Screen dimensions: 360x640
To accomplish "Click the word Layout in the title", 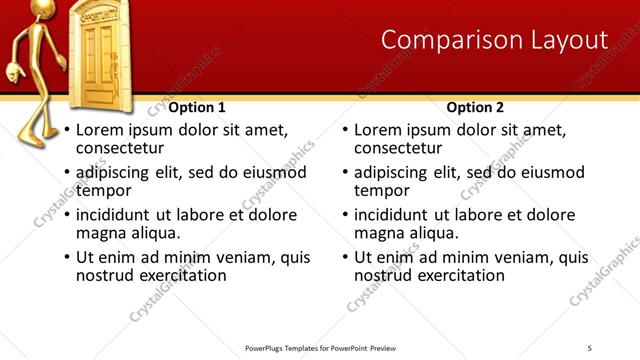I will (568, 40).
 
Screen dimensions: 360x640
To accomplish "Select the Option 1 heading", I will (196, 107).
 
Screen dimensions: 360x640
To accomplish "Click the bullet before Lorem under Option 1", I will (66, 130).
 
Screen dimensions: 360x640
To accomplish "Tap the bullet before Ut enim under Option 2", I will (345, 258).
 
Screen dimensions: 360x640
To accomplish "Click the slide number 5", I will (589, 347).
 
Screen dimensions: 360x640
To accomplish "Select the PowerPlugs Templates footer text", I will (319, 347).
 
